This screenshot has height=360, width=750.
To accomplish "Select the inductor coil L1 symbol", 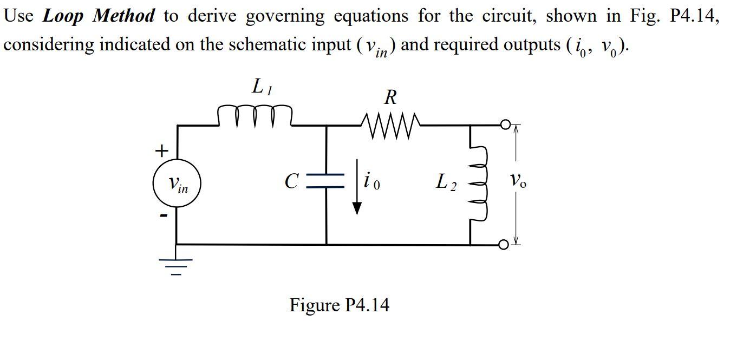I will [x=255, y=115].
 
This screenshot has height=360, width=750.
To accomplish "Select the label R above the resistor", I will [x=390, y=97].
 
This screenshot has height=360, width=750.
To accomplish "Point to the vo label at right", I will [x=517, y=180].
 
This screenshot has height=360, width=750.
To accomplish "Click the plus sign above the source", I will [x=161, y=150].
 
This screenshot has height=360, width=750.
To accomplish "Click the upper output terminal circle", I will [x=505, y=126].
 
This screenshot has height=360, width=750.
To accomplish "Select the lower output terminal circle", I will [x=504, y=245].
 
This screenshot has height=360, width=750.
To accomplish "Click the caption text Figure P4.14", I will [x=339, y=305].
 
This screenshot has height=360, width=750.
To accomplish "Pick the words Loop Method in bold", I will [x=99, y=16].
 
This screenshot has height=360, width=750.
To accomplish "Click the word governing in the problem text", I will [x=285, y=16].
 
